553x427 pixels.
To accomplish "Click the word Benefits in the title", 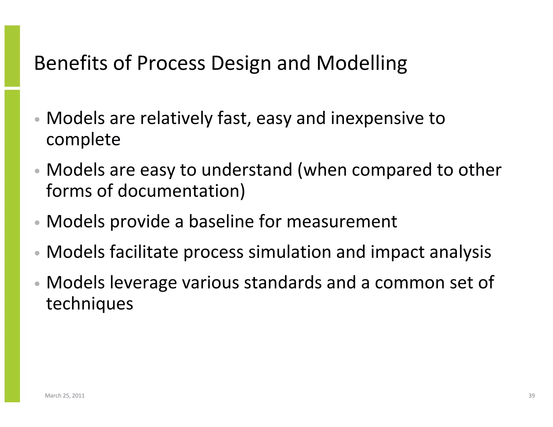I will point(70,63).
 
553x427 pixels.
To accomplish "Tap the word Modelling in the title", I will point(362,64).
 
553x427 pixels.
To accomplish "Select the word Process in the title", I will point(171,63).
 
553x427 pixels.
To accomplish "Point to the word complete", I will point(83,140).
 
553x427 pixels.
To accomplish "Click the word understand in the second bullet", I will point(247,170).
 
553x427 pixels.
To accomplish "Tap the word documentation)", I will point(181,191).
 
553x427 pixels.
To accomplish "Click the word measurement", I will point(342,221).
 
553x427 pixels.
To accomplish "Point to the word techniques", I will point(90,304).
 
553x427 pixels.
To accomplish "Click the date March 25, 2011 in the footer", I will point(65,396).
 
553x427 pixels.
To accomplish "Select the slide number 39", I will point(531,396).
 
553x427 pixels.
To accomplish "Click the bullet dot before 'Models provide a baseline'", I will point(38,223).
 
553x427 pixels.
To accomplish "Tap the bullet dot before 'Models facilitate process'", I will point(38,253).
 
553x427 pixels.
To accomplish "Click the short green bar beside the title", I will point(12,56).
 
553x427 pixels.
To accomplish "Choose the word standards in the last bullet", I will point(283,282).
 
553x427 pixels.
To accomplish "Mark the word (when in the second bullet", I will point(322,170).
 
